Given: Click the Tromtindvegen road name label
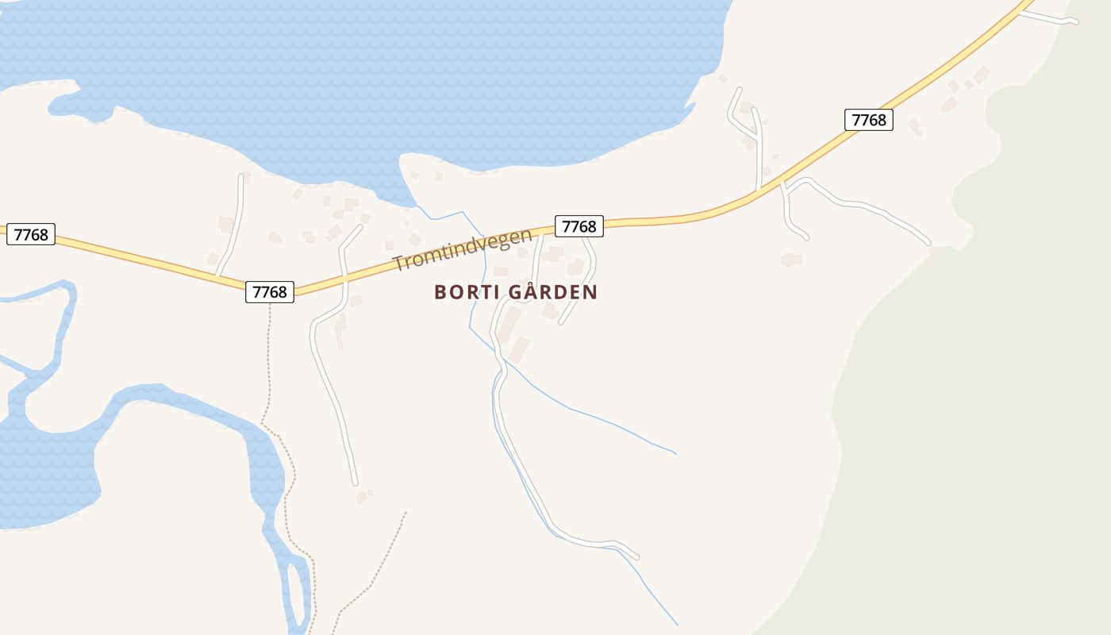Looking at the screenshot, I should pyautogui.click(x=462, y=250).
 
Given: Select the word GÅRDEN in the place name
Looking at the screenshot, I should pyautogui.click(x=552, y=292).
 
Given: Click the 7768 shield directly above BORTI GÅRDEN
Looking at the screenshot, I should pyautogui.click(x=579, y=226).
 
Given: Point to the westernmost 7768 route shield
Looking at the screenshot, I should pyautogui.click(x=31, y=234).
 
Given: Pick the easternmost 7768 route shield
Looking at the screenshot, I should pyautogui.click(x=868, y=120).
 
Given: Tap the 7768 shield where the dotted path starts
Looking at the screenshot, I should pyautogui.click(x=269, y=291).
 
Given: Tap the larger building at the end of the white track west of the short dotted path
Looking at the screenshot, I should pyautogui.click(x=362, y=498).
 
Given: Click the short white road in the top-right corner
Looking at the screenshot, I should pyautogui.click(x=1048, y=17).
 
